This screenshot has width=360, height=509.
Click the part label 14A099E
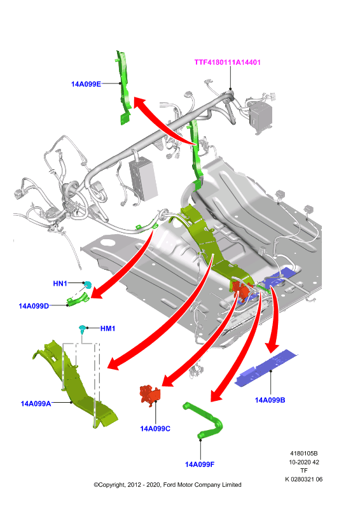tap(86, 84)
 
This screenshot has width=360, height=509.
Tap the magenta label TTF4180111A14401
tap(228, 62)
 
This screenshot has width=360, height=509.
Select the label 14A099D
tap(34, 306)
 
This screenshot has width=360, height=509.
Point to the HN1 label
tap(60, 283)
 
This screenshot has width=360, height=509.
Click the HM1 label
tap(107, 328)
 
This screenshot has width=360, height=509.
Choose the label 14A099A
tap(36, 403)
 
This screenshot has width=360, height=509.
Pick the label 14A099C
tap(155, 429)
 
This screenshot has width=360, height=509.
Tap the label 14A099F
tap(200, 464)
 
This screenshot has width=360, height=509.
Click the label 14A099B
tap(270, 400)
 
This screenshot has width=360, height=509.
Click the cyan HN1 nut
tap(87, 285)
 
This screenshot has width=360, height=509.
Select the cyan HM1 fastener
tap(83, 329)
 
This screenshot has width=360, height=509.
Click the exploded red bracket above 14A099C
tap(150, 395)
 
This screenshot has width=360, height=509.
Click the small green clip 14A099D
tap(78, 300)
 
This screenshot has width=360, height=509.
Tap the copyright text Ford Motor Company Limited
tap(202, 485)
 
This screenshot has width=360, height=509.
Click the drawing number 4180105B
tap(304, 454)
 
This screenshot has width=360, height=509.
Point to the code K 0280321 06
tap(304, 480)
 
